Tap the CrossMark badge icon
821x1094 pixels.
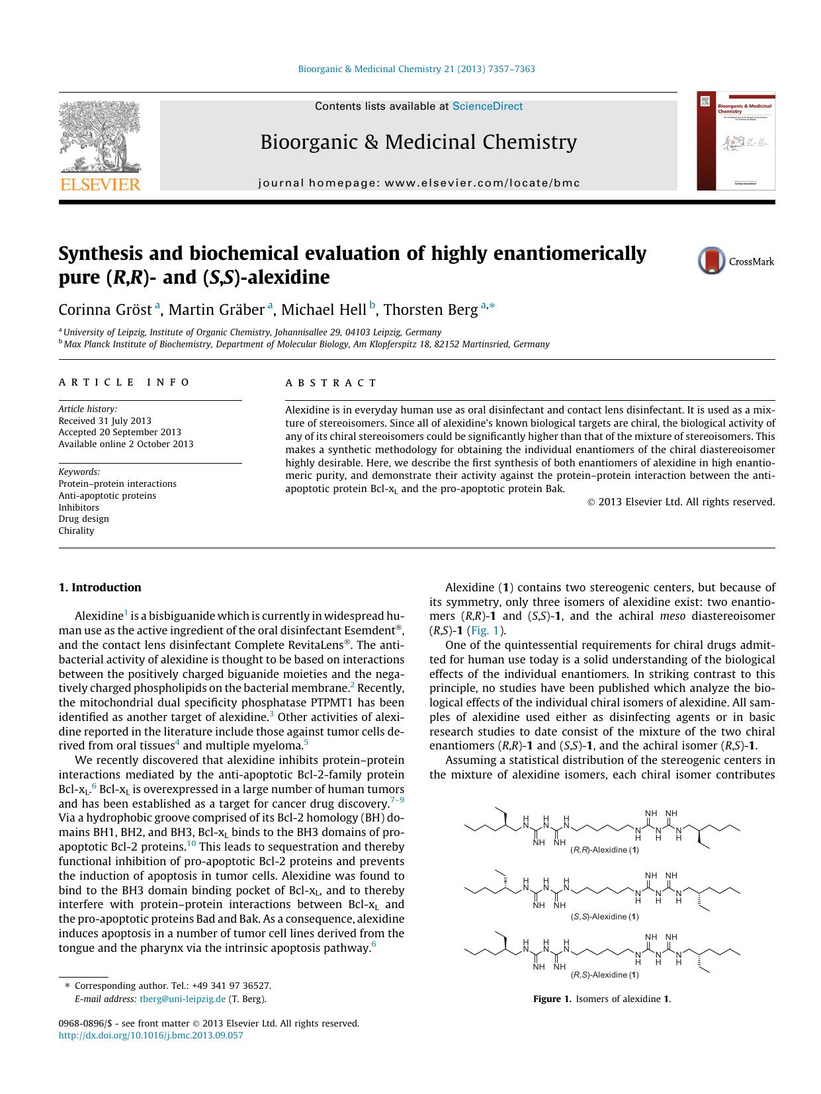click(711, 261)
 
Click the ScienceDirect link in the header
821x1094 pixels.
click(488, 106)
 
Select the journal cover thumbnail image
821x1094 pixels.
click(736, 141)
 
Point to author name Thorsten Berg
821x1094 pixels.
click(431, 310)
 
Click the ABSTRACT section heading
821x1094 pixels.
click(331, 383)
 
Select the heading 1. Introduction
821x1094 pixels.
click(100, 587)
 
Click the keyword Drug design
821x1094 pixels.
click(84, 519)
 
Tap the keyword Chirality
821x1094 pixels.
click(77, 530)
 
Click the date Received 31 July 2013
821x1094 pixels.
click(105, 421)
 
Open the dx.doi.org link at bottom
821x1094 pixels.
click(151, 1035)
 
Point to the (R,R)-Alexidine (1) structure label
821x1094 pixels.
click(604, 850)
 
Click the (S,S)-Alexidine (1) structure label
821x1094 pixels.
click(604, 917)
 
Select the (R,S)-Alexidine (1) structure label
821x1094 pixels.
click(604, 975)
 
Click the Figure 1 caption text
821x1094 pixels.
click(601, 999)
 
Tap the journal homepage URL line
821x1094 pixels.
click(419, 183)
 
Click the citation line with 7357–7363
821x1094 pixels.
click(416, 69)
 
